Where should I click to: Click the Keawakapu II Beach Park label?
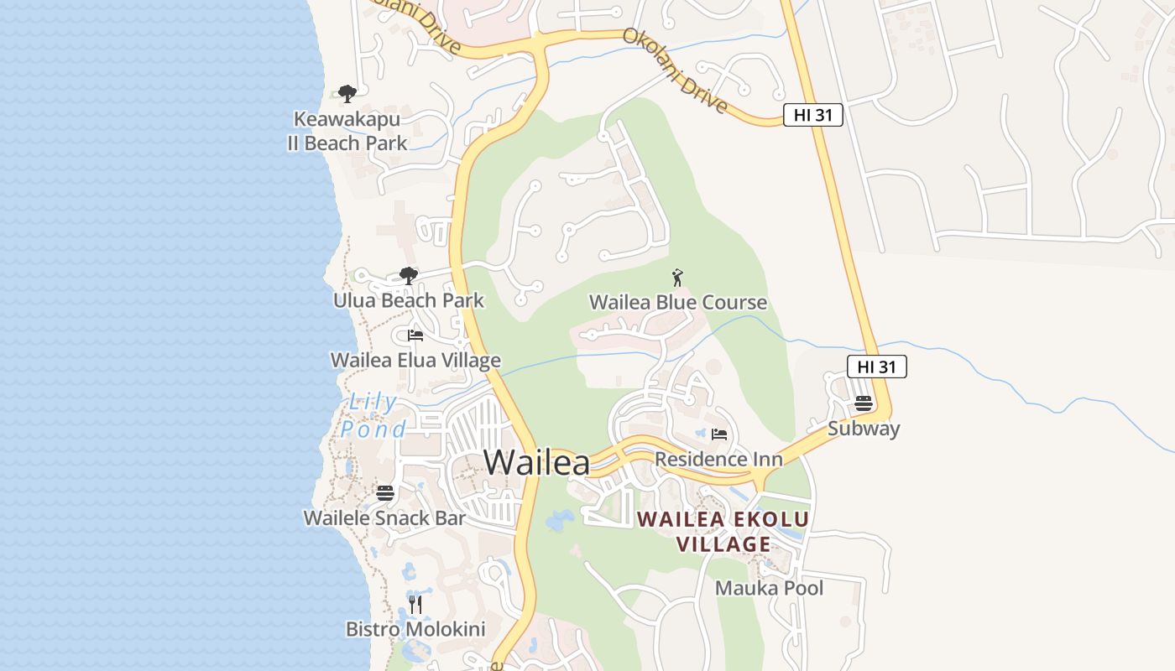click(x=347, y=132)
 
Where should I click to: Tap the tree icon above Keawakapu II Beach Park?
click(x=347, y=93)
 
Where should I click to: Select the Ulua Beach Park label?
click(x=409, y=300)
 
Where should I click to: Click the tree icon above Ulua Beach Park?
click(x=409, y=275)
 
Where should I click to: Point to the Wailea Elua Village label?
click(x=415, y=361)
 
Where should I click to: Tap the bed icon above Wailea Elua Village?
click(x=415, y=335)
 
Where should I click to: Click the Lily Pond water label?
click(x=372, y=416)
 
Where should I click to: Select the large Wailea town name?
click(x=536, y=462)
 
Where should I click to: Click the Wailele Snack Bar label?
click(x=384, y=518)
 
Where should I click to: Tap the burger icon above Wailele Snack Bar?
click(x=385, y=492)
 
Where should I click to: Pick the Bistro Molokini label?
click(x=415, y=629)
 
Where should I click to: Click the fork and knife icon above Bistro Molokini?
click(x=415, y=604)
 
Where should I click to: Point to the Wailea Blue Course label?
click(x=678, y=302)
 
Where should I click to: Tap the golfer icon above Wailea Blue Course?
click(x=678, y=277)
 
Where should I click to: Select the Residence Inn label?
click(x=718, y=459)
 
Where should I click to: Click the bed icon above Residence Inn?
click(x=719, y=434)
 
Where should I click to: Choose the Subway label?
click(x=864, y=429)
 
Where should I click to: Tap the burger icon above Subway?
click(x=864, y=403)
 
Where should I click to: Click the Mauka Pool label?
click(x=769, y=588)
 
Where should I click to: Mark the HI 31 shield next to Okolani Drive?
click(x=812, y=116)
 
